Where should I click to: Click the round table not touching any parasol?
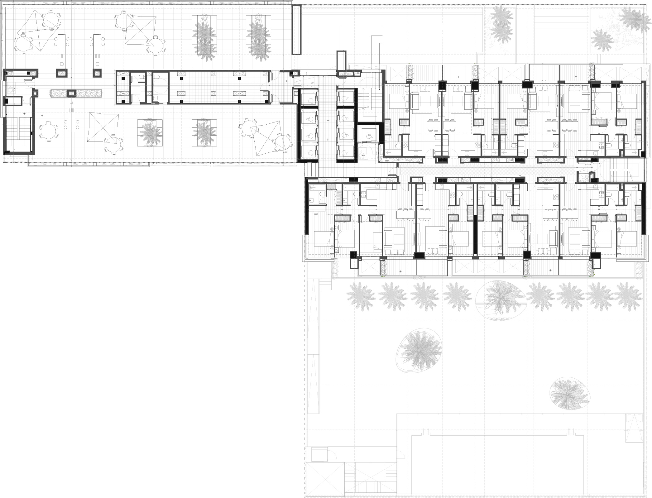pos(49,131)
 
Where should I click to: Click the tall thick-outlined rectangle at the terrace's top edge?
pos(296,30)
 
